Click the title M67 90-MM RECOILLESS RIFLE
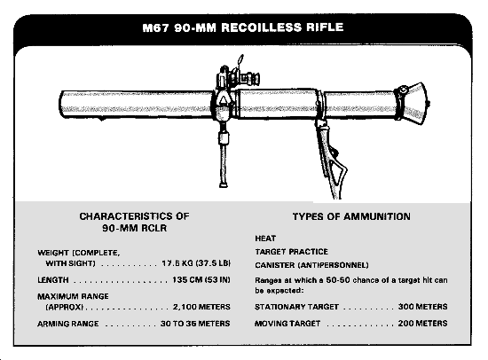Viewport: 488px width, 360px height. coord(243,27)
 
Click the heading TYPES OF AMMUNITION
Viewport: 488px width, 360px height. coord(351,216)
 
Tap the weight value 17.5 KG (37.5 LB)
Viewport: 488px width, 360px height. coord(196,263)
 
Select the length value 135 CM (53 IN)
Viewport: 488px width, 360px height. coord(201,279)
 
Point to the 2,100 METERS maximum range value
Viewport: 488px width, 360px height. coord(201,307)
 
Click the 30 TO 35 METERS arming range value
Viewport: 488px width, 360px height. coord(195,324)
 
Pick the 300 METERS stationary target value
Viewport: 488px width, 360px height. coord(422,307)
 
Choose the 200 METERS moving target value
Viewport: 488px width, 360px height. coord(422,324)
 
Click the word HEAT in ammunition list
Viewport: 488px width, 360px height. coord(265,239)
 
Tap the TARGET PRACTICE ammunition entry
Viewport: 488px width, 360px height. coord(292,252)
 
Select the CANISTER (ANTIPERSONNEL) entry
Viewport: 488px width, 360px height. coord(311,265)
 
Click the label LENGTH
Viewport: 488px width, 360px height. coord(53,280)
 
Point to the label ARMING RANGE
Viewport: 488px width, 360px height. coord(68,324)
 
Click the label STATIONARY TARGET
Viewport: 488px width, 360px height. coord(297,307)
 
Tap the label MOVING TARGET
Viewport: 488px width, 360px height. coord(287,324)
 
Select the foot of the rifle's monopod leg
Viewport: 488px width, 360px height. coord(223,185)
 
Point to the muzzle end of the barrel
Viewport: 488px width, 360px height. coord(61,105)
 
